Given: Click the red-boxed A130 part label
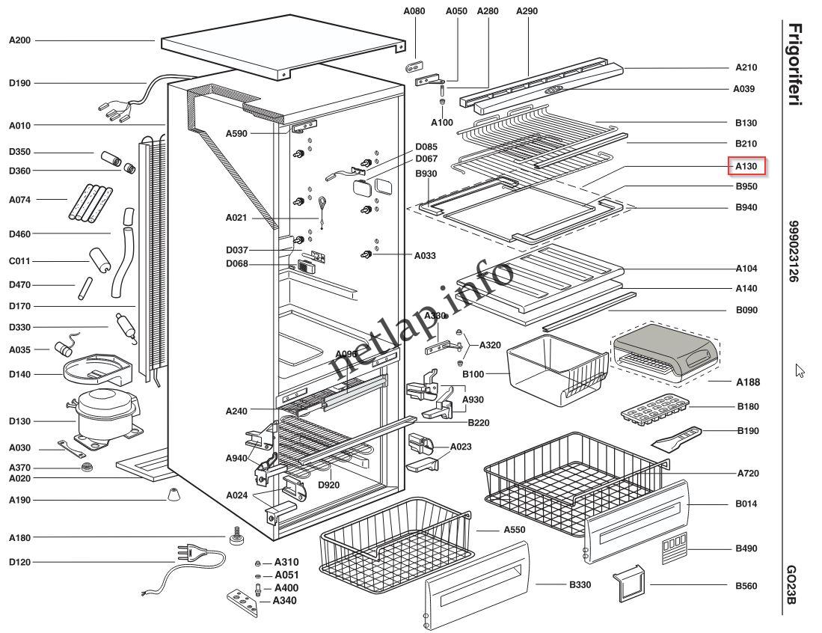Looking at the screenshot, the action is [746, 166].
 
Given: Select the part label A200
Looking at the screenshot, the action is [20, 40].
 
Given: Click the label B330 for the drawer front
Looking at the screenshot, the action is [580, 584].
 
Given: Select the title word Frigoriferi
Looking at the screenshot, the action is [795, 64].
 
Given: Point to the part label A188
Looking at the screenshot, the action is [748, 382].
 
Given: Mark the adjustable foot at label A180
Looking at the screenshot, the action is [234, 535].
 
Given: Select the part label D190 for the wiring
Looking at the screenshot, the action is [20, 83].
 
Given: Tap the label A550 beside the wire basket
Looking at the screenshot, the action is [515, 530].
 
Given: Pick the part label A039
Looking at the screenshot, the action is [744, 88].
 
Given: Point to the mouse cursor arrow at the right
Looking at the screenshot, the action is [799, 370].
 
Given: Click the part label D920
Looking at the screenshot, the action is [328, 485].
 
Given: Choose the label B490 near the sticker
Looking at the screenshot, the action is [746, 548].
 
